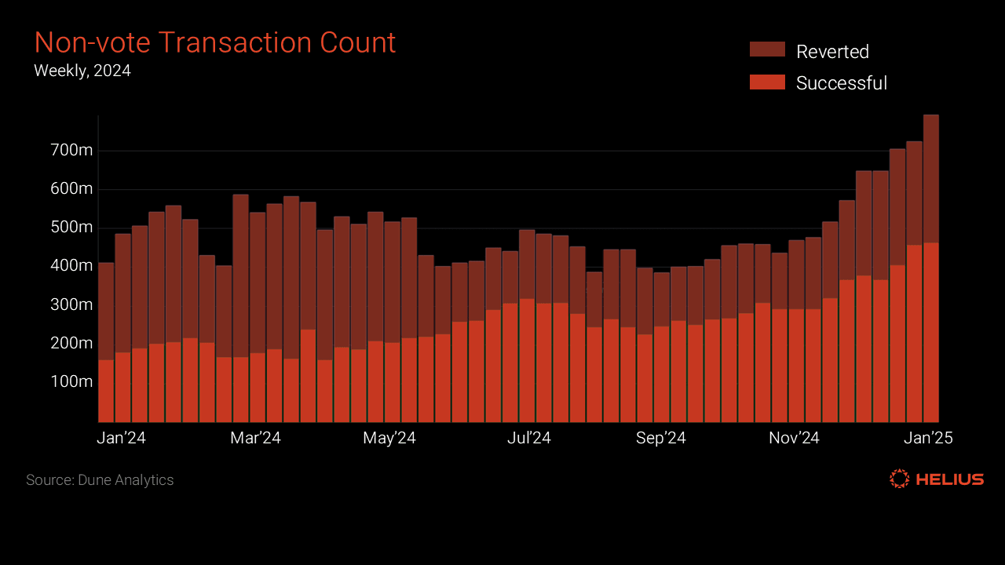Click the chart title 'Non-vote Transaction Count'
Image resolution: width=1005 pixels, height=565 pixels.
214,42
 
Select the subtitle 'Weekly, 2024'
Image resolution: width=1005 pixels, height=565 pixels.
82,71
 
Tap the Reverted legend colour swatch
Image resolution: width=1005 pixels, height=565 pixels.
767,49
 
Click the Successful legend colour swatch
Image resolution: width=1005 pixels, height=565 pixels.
767,82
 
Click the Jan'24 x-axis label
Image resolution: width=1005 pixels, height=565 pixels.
122,438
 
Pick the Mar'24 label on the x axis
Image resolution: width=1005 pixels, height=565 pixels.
255,438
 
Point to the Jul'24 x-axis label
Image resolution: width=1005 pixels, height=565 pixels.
528,438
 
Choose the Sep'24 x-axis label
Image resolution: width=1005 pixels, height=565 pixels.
661,438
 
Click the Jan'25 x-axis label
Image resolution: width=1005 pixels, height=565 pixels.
928,438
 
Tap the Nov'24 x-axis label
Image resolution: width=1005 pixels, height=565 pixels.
794,438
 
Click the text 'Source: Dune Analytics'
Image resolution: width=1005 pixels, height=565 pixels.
100,479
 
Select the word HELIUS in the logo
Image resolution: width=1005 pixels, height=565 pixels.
950,479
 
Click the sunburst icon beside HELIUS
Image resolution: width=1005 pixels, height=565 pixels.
899,479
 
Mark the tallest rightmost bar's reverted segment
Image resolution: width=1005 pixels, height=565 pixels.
931,179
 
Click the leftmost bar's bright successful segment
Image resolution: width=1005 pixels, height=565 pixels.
106,391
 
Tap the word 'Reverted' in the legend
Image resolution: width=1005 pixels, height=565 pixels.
832,52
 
